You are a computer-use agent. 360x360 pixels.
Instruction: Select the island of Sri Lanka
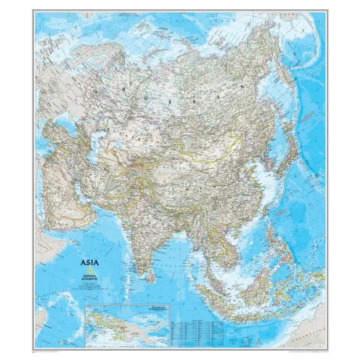tap(152, 276)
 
